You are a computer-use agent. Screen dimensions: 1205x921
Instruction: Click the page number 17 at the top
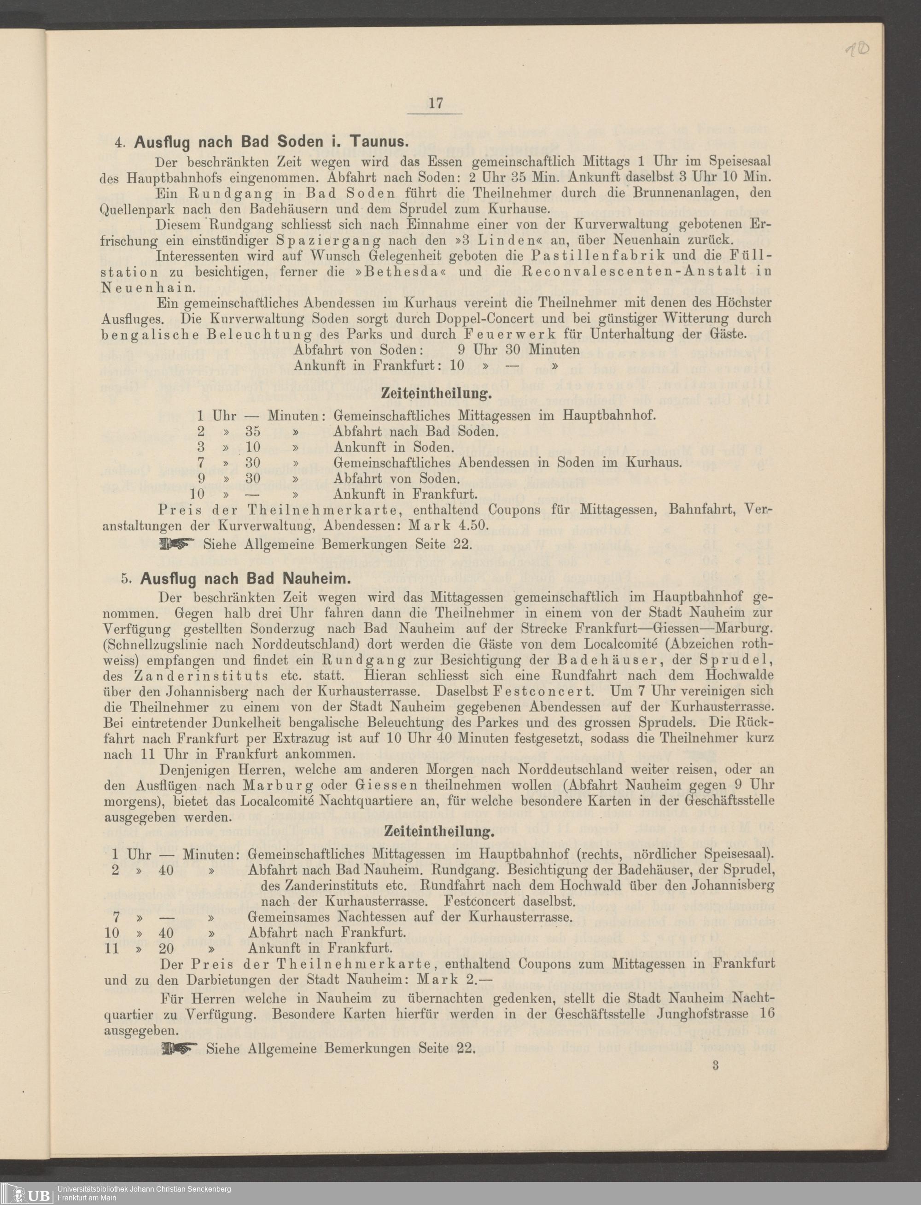436,103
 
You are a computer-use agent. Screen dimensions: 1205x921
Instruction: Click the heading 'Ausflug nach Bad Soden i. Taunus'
270,142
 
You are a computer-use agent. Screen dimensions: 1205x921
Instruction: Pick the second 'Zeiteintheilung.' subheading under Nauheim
439,831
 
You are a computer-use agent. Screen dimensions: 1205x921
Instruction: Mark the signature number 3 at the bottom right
716,1066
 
